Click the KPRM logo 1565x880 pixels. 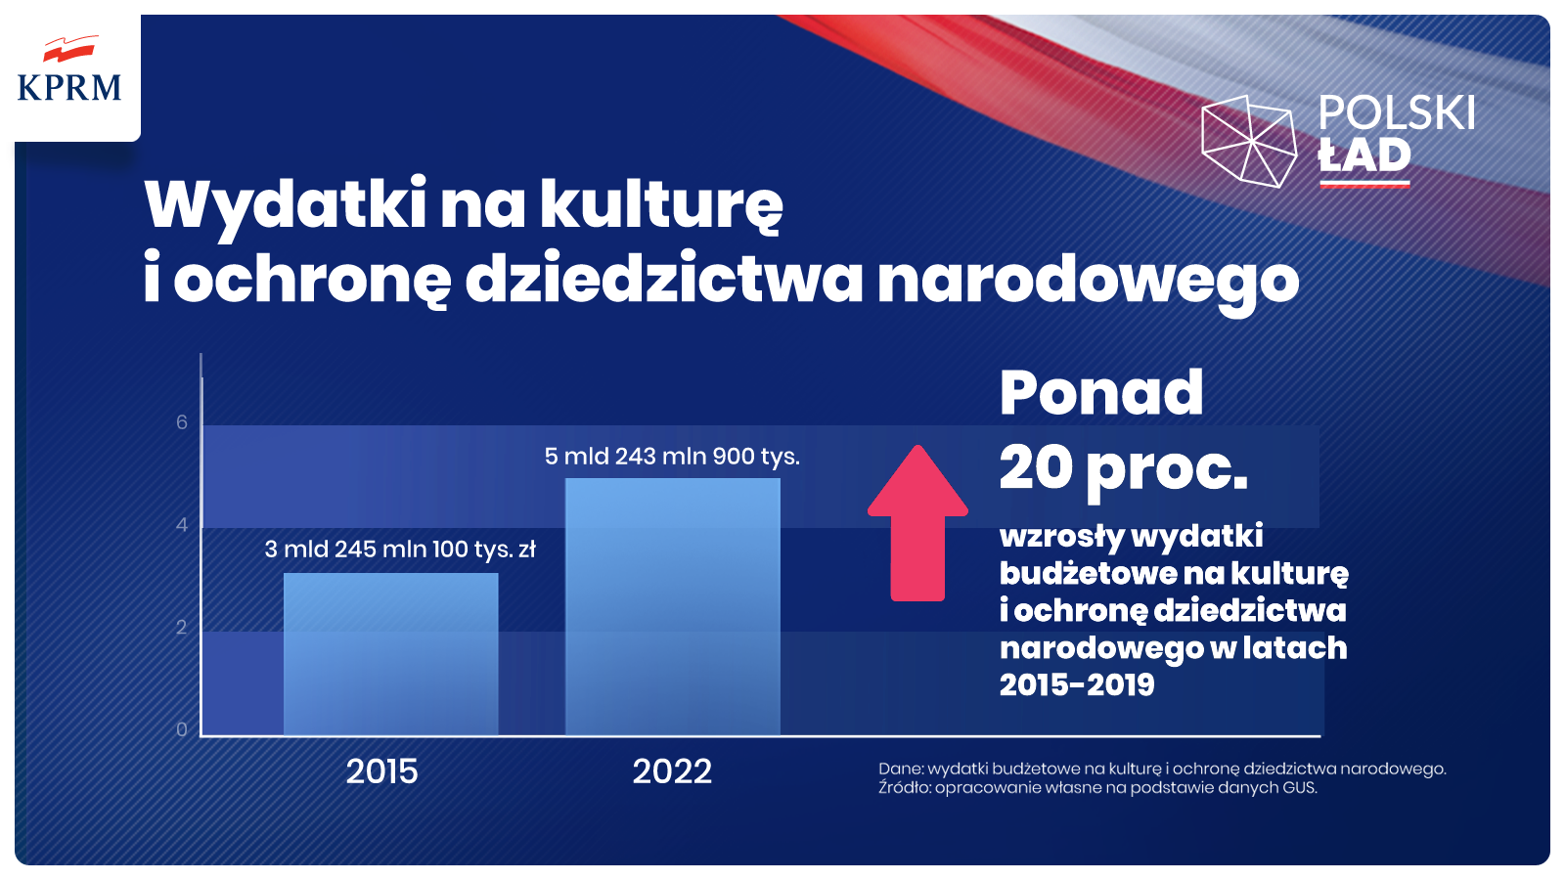click(x=69, y=72)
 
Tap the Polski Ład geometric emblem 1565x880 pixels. click(x=1249, y=141)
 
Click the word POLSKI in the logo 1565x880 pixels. click(x=1396, y=113)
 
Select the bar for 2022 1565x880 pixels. click(x=673, y=606)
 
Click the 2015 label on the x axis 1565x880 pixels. click(x=381, y=771)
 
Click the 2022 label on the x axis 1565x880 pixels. click(x=672, y=771)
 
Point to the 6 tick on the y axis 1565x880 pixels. click(x=182, y=422)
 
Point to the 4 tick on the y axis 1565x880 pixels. click(x=182, y=525)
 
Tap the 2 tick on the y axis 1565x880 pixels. click(x=182, y=627)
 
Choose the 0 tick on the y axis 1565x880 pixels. click(x=182, y=729)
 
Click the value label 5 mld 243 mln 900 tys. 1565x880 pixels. click(x=672, y=457)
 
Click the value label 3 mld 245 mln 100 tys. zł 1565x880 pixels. click(x=400, y=550)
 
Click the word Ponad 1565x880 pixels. click(x=1101, y=393)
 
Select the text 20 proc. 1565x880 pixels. click(x=1124, y=469)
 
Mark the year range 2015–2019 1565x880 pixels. click(x=1077, y=684)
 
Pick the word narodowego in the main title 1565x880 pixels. click(x=1088, y=281)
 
